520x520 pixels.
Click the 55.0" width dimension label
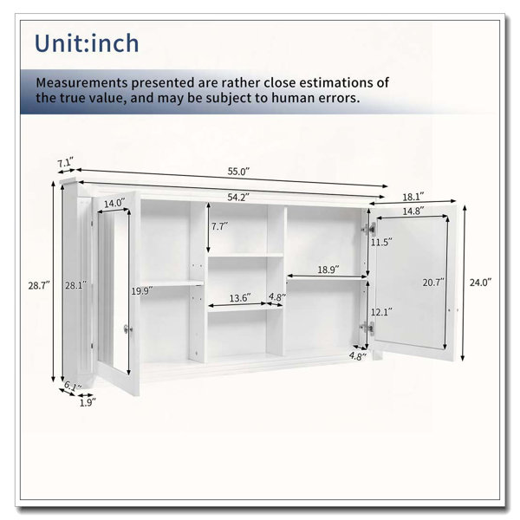tap(238, 172)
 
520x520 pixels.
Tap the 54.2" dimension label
tap(238, 198)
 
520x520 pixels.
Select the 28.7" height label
tap(39, 285)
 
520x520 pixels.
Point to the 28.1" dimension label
tap(76, 285)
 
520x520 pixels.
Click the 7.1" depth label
tap(65, 163)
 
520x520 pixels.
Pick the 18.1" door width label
tap(413, 197)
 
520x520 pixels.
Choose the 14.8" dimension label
tap(413, 211)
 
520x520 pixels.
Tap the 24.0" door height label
tap(480, 283)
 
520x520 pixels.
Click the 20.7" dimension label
tap(433, 283)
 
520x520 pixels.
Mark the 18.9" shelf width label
tap(328, 270)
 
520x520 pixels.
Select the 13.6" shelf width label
tap(240, 298)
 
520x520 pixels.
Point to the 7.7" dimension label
tap(220, 226)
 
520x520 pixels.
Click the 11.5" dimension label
tap(381, 243)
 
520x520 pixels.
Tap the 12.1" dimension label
tap(381, 312)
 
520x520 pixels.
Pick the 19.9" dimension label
tap(142, 291)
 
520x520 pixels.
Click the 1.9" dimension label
tap(88, 403)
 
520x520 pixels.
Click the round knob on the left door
tap(127, 329)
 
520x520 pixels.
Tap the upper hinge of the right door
tap(369, 228)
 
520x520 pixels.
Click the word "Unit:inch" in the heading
tap(87, 43)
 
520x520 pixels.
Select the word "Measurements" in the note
tap(81, 82)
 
